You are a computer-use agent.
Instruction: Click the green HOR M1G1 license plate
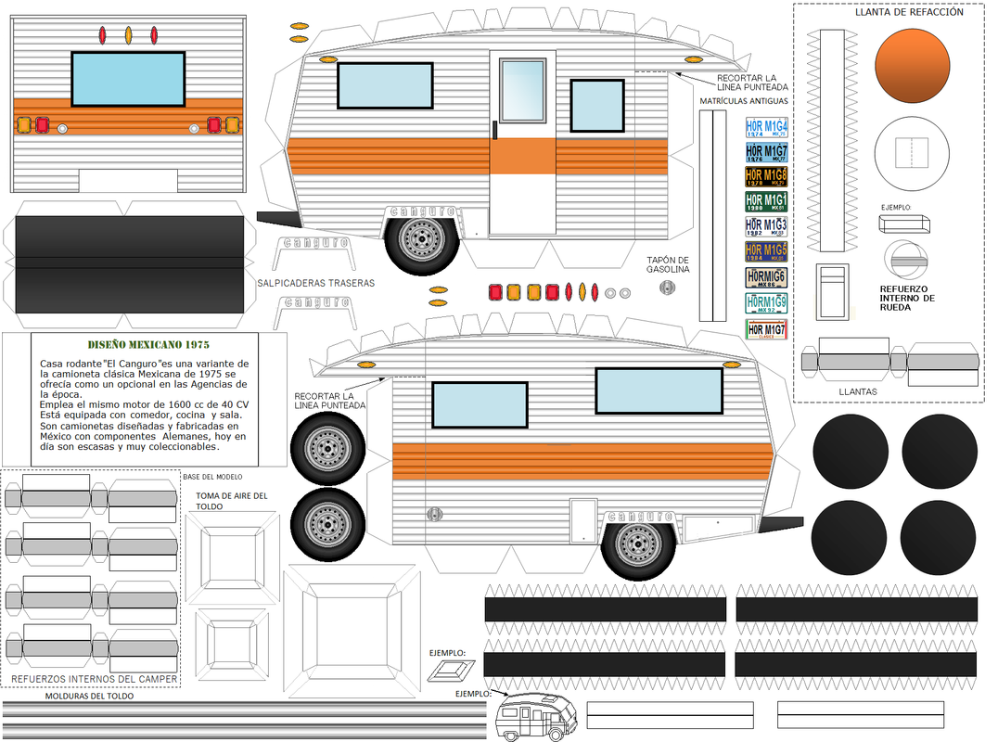766,201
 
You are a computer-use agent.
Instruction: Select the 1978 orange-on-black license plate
766,176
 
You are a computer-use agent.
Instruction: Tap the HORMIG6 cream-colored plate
766,277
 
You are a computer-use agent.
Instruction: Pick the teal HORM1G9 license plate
766,303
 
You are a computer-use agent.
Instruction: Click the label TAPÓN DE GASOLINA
668,264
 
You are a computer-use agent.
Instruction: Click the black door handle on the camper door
496,130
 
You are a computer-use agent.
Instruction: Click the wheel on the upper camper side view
422,238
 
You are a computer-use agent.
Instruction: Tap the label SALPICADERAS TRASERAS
316,282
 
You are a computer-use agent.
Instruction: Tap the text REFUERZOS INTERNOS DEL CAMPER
94,679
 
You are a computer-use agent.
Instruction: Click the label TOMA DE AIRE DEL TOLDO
232,501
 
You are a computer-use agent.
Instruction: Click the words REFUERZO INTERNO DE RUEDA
908,298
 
